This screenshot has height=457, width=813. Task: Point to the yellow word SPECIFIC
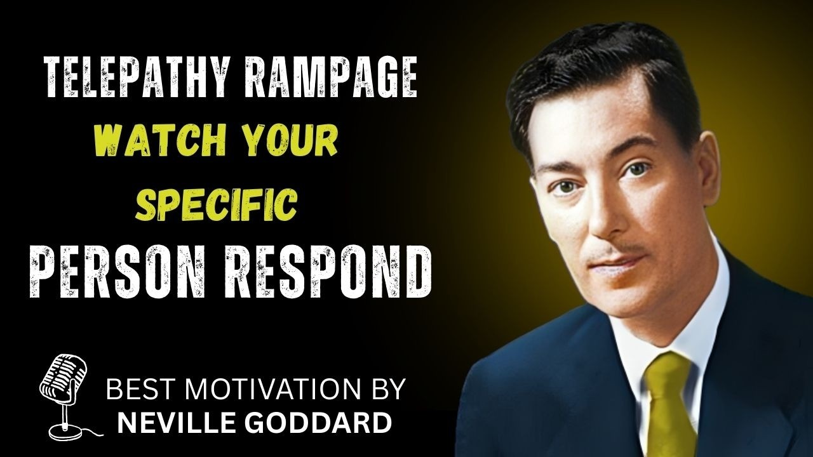[216, 204]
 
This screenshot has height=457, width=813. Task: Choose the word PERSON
[122, 271]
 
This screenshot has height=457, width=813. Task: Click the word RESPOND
[332, 271]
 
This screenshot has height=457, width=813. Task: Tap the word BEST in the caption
[142, 390]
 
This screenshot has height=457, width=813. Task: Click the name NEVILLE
[169, 423]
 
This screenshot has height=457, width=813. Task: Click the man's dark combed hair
[603, 72]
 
